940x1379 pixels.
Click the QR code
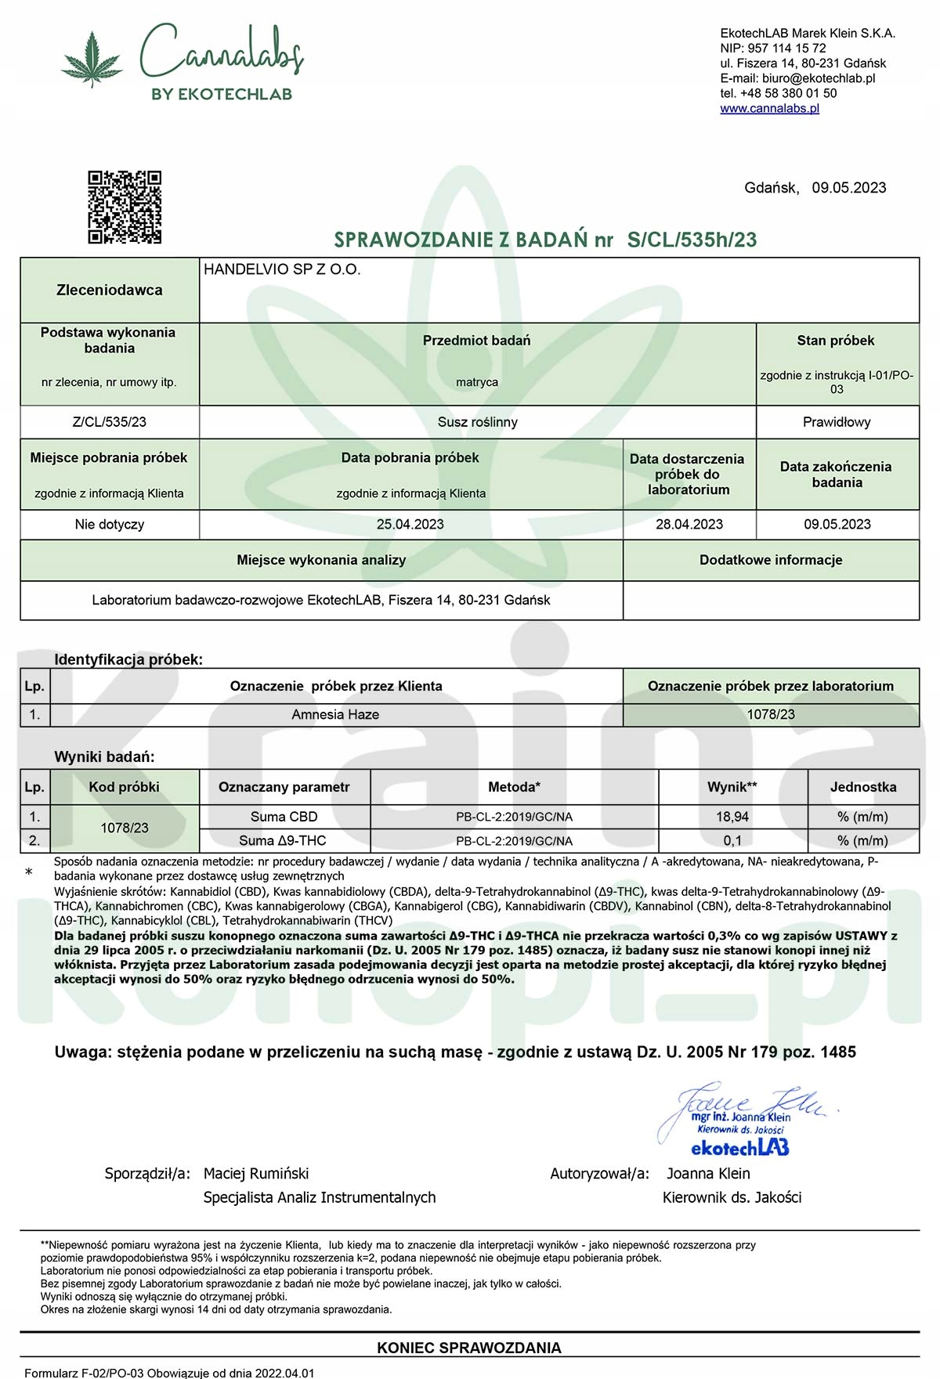pos(125,207)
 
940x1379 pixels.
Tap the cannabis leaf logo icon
pos(92,59)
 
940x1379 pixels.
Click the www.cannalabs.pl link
pos(769,108)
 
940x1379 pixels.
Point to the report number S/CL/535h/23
pos(692,240)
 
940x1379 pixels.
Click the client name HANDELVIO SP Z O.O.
pos(282,269)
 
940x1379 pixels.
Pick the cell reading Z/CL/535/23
pos(110,422)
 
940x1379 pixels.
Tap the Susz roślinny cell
pos(477,422)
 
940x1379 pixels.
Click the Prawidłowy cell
pos(837,422)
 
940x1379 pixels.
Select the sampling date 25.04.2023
pos(410,525)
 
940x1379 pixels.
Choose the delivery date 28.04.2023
pos(689,525)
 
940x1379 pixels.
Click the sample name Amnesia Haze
pos(335,714)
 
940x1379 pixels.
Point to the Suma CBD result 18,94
pos(732,817)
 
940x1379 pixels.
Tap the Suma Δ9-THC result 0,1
pos(732,840)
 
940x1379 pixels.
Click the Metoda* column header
pos(514,787)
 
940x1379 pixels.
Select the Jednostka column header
pos(862,787)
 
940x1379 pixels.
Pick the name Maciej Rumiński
pos(256,1173)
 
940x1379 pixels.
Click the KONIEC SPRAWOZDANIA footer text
pos(469,1348)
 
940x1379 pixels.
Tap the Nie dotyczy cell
pos(110,525)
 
